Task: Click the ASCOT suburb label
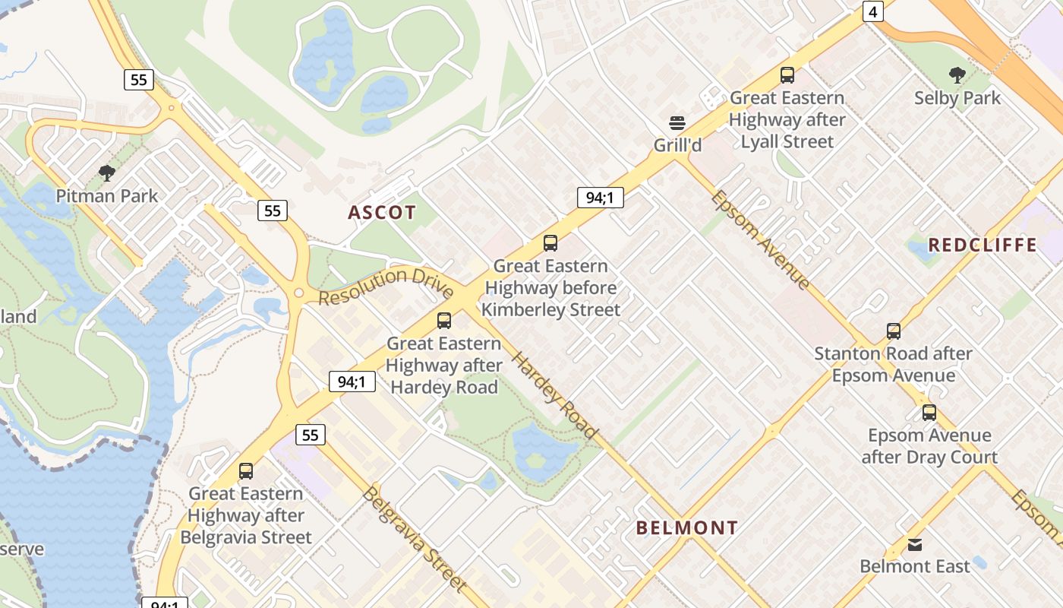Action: tap(382, 213)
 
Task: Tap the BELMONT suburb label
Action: tap(686, 527)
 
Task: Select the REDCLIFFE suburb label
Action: tap(983, 245)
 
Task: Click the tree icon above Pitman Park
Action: tap(107, 173)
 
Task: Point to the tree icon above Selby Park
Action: tap(957, 75)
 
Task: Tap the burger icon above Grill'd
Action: tap(677, 123)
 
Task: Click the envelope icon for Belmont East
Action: tap(915, 545)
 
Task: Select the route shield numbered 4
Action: tap(873, 11)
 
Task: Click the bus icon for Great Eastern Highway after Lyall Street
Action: tap(787, 75)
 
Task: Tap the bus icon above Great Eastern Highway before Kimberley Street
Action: tap(550, 243)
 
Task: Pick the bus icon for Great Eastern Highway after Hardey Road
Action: tap(444, 321)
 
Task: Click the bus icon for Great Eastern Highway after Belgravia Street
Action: tap(245, 471)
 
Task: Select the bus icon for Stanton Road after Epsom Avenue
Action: tap(894, 331)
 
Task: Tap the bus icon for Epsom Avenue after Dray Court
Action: tap(929, 413)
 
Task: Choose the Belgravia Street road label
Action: tap(414, 538)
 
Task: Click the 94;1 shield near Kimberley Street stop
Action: tap(600, 198)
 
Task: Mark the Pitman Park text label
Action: tap(107, 196)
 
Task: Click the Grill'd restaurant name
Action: tap(677, 145)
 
